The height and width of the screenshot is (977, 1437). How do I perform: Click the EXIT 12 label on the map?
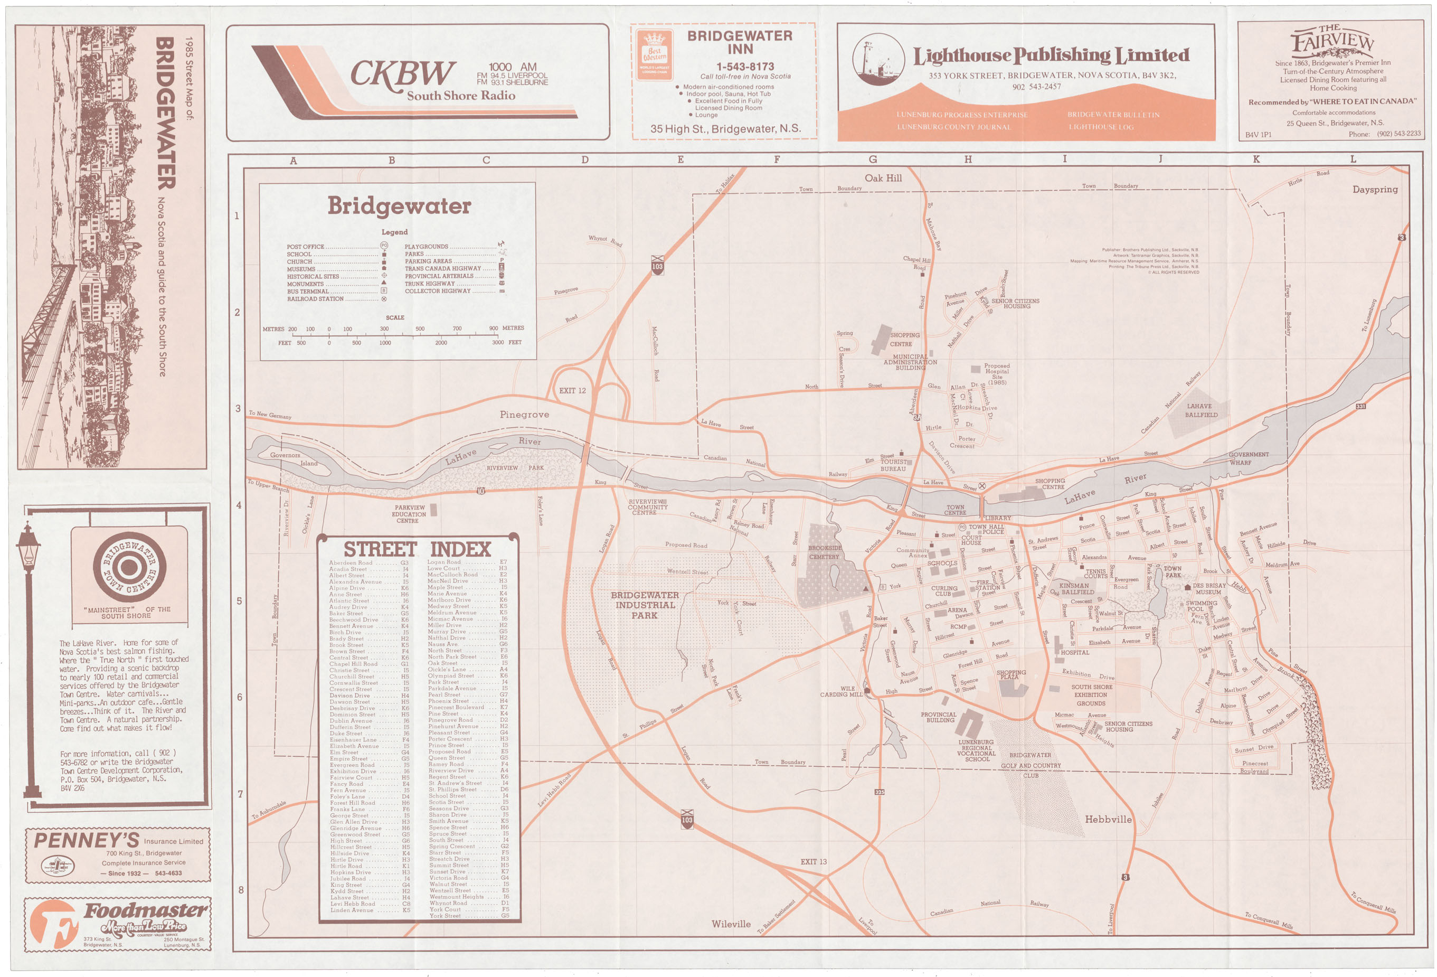[x=572, y=391]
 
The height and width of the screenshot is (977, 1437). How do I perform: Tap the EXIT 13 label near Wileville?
[x=813, y=861]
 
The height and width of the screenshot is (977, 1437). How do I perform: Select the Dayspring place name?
[x=1375, y=189]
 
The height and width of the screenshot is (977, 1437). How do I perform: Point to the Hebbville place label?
[x=1108, y=819]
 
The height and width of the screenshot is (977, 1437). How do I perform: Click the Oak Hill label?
[x=883, y=178]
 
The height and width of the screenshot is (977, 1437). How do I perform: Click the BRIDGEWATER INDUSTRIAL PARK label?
[x=644, y=605]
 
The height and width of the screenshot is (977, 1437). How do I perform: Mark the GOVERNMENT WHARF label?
[x=1249, y=458]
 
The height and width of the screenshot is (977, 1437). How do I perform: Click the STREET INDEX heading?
[x=417, y=549]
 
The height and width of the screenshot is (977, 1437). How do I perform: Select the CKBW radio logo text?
[x=402, y=73]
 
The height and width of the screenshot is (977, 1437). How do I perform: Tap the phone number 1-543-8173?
[x=745, y=66]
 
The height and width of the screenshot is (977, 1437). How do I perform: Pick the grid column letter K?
[x=1256, y=159]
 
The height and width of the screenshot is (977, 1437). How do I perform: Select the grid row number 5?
[x=237, y=601]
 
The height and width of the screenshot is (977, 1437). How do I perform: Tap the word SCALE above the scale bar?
[x=394, y=317]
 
